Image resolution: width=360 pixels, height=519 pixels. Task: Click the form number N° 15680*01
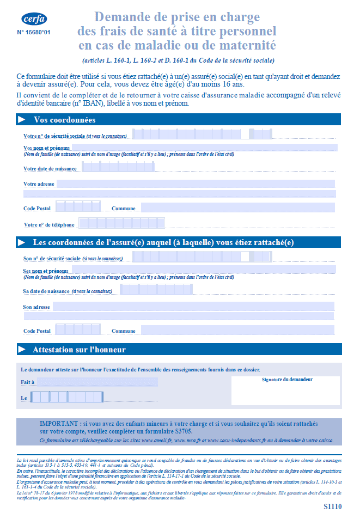(34, 33)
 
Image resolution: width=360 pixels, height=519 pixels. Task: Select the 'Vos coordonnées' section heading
(64, 120)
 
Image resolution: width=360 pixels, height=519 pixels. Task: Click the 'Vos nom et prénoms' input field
(204, 148)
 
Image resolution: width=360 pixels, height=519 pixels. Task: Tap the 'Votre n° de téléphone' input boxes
(121, 223)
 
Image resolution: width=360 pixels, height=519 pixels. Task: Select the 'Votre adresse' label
(39, 184)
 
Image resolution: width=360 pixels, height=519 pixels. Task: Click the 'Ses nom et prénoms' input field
(204, 270)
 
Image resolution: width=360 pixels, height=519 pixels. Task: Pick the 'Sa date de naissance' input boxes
(156, 290)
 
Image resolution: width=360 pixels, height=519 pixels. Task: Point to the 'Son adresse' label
(36, 307)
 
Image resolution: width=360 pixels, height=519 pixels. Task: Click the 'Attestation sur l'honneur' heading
(79, 350)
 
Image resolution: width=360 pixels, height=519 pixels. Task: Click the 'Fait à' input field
(97, 382)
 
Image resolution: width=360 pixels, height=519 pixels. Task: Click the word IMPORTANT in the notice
(59, 423)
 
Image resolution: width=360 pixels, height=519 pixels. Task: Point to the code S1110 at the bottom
(332, 507)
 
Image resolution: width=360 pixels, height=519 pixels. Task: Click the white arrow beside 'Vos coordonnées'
(22, 120)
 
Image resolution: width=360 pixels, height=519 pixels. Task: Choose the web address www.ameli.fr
(154, 440)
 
